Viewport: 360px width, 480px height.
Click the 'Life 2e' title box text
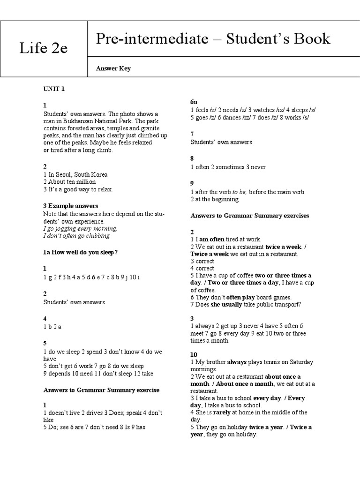(x=43, y=48)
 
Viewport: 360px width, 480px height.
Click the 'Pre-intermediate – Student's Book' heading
(x=213, y=39)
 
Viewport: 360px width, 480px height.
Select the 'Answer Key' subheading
(x=113, y=68)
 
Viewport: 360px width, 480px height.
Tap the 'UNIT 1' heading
(x=54, y=89)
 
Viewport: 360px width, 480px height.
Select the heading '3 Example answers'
(x=71, y=205)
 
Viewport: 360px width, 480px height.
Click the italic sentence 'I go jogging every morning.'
(x=80, y=228)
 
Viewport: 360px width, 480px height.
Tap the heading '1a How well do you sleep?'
(x=80, y=252)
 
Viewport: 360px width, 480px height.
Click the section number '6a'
(x=194, y=102)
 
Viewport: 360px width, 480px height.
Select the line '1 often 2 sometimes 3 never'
(x=228, y=167)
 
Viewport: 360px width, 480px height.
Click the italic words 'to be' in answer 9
(x=240, y=192)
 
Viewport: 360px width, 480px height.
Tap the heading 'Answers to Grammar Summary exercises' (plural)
(x=250, y=216)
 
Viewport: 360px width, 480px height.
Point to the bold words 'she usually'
(x=226, y=304)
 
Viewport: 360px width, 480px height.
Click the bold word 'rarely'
(x=222, y=412)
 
